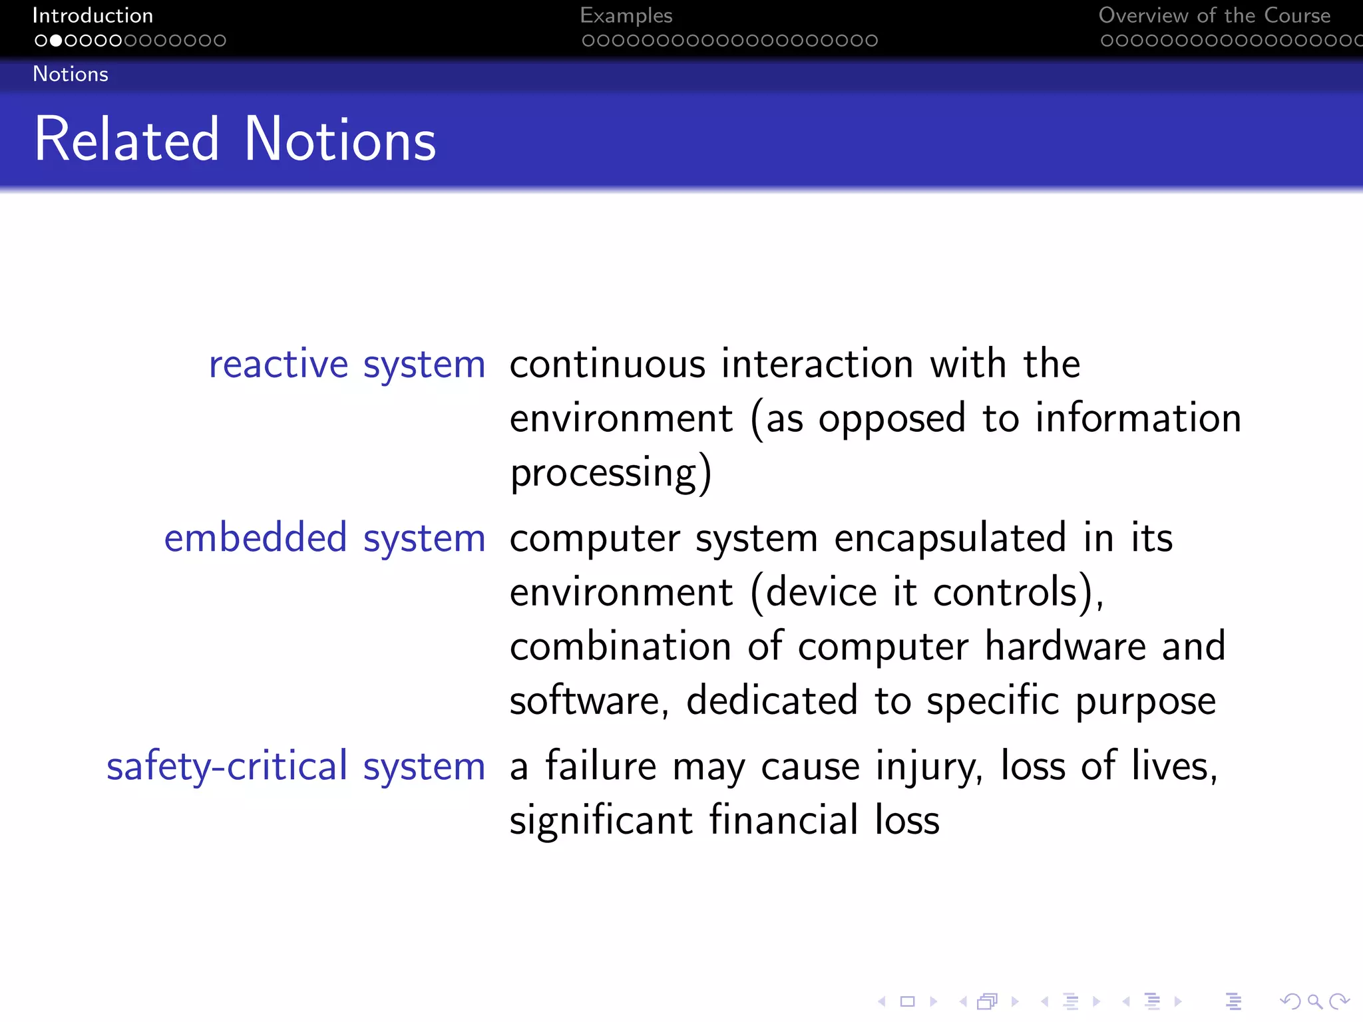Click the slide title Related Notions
coord(235,140)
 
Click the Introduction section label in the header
coord(93,15)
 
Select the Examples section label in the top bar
coord(626,15)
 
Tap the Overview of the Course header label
coord(1214,15)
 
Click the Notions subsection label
coord(71,74)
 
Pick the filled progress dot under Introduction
coord(56,41)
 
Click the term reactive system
coord(347,365)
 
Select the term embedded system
coord(325,538)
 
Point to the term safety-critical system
coord(295,766)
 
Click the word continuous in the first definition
coord(607,365)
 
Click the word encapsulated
coord(950,538)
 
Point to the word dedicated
coord(771,701)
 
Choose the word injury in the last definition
coord(928,766)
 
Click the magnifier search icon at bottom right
coord(1314,1001)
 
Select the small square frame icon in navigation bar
coord(907,1001)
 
